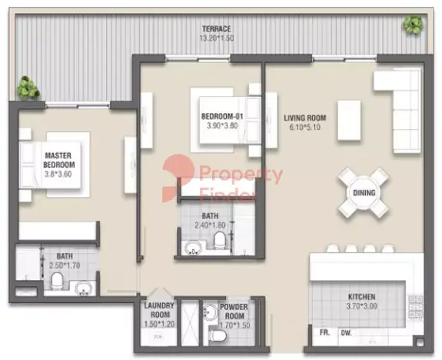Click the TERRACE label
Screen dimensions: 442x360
(216, 28)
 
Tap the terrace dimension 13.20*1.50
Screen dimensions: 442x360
(217, 38)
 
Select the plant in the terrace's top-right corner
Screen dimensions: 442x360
(413, 25)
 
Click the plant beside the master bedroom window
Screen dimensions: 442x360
(28, 88)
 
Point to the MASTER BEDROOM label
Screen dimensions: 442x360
(59, 160)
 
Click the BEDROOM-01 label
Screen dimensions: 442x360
(222, 116)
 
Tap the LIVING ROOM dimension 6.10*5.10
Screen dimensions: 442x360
(304, 127)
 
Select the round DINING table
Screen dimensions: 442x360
(364, 193)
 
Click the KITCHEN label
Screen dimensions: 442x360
(361, 297)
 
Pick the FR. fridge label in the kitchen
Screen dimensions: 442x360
(324, 332)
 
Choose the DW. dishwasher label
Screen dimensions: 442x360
(347, 333)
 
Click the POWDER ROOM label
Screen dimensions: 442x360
(234, 312)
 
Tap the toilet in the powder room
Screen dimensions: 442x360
(218, 335)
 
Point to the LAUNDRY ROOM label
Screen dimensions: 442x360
(159, 310)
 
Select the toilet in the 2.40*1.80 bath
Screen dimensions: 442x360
(219, 239)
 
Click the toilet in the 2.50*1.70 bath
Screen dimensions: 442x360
(57, 280)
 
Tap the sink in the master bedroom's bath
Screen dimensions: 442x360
(84, 288)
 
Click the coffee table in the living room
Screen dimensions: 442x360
(349, 120)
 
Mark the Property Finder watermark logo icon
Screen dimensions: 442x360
(178, 178)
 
